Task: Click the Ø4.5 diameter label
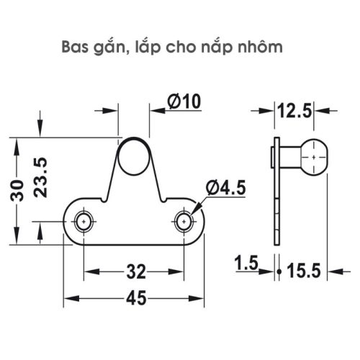click(x=225, y=188)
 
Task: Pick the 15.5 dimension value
click(x=305, y=271)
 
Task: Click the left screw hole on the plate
click(x=85, y=221)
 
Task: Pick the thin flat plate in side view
click(x=276, y=191)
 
